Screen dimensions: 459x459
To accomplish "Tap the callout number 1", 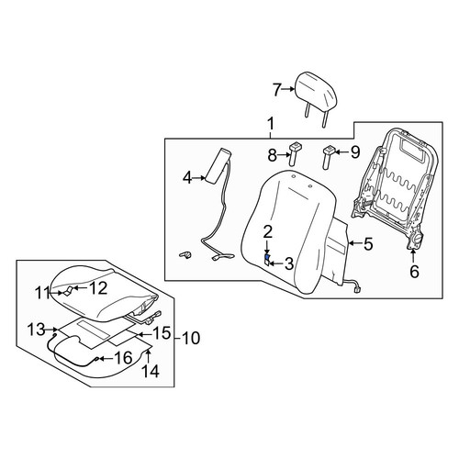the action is [271, 125].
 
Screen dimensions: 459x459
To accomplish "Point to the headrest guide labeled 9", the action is [329, 157].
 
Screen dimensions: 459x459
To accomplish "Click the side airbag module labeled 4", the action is [218, 166].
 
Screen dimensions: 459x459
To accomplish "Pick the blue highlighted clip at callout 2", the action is [267, 257].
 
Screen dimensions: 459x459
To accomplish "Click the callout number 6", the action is [414, 272].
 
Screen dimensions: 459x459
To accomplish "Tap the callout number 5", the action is [368, 243].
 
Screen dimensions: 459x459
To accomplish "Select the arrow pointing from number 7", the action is [287, 89].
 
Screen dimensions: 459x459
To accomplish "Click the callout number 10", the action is [190, 338].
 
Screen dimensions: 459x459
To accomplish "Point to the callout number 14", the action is [151, 371].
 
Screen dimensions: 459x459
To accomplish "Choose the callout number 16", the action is [123, 358].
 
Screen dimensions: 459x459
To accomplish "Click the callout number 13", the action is [36, 330].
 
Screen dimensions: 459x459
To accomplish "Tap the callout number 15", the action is [162, 332].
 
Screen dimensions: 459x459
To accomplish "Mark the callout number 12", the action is [98, 288].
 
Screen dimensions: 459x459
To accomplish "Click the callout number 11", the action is [42, 293].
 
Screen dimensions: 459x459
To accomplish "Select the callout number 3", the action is [289, 263].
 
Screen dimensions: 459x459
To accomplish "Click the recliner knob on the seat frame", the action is [416, 239].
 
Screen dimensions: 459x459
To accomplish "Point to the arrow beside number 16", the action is [106, 358].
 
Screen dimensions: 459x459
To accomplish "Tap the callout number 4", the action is [187, 178].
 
